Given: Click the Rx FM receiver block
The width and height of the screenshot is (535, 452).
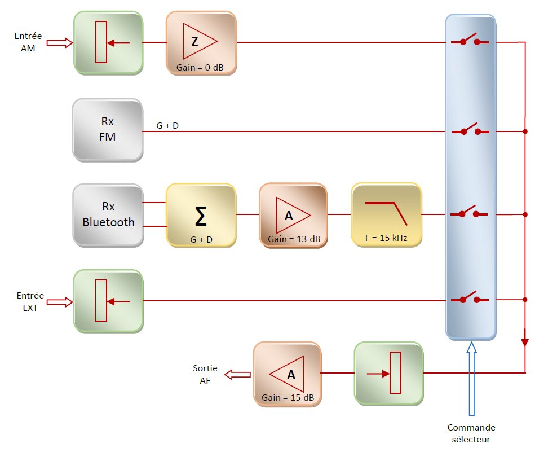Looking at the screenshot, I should coord(107,129).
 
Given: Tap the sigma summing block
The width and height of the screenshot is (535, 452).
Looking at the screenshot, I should coord(201,215).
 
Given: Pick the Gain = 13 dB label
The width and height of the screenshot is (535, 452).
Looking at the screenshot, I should coord(294,239).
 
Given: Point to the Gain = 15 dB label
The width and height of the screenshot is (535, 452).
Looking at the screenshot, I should coord(288,397).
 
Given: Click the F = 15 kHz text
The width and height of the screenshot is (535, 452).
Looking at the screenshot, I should coord(386,239).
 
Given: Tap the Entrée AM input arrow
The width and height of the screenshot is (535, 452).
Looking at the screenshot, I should coord(60,42).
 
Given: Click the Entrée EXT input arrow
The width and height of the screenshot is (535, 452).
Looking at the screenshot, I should coord(60,302).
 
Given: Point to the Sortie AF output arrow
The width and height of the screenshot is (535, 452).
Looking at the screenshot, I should coord(237,375).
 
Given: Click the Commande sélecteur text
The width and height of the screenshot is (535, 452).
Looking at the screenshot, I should coord(471,433).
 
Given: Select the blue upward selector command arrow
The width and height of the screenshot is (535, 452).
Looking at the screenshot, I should coord(471,378).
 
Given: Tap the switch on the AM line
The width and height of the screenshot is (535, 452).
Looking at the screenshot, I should coord(470,41).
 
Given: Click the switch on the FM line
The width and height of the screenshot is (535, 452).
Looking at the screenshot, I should coord(470,130).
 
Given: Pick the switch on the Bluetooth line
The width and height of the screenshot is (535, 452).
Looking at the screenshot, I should coord(470,213).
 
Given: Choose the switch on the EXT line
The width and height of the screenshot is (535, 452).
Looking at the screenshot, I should coord(470,299).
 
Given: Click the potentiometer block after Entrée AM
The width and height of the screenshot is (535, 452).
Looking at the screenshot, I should coord(108,43).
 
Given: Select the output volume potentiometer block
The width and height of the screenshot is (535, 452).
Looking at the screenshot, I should coord(389,374).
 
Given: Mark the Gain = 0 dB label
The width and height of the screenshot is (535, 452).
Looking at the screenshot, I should coord(201,68).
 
